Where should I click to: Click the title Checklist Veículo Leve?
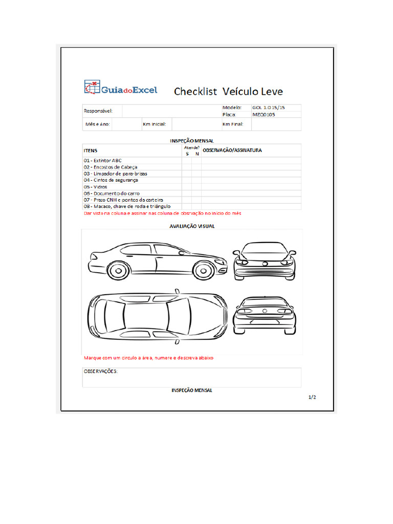point(228,92)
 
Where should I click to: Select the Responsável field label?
point(98,111)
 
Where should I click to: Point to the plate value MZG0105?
point(264,115)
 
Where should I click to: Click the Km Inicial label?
point(154,124)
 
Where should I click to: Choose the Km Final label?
point(233,124)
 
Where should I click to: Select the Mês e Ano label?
point(97,124)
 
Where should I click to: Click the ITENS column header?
point(91,150)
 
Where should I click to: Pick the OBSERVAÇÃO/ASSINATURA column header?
point(232,150)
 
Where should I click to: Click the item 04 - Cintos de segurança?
point(111,180)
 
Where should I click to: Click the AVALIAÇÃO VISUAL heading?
point(192,226)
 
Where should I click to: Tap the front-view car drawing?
point(264,261)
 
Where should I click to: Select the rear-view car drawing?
point(264,315)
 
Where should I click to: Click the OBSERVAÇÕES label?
point(101,371)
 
